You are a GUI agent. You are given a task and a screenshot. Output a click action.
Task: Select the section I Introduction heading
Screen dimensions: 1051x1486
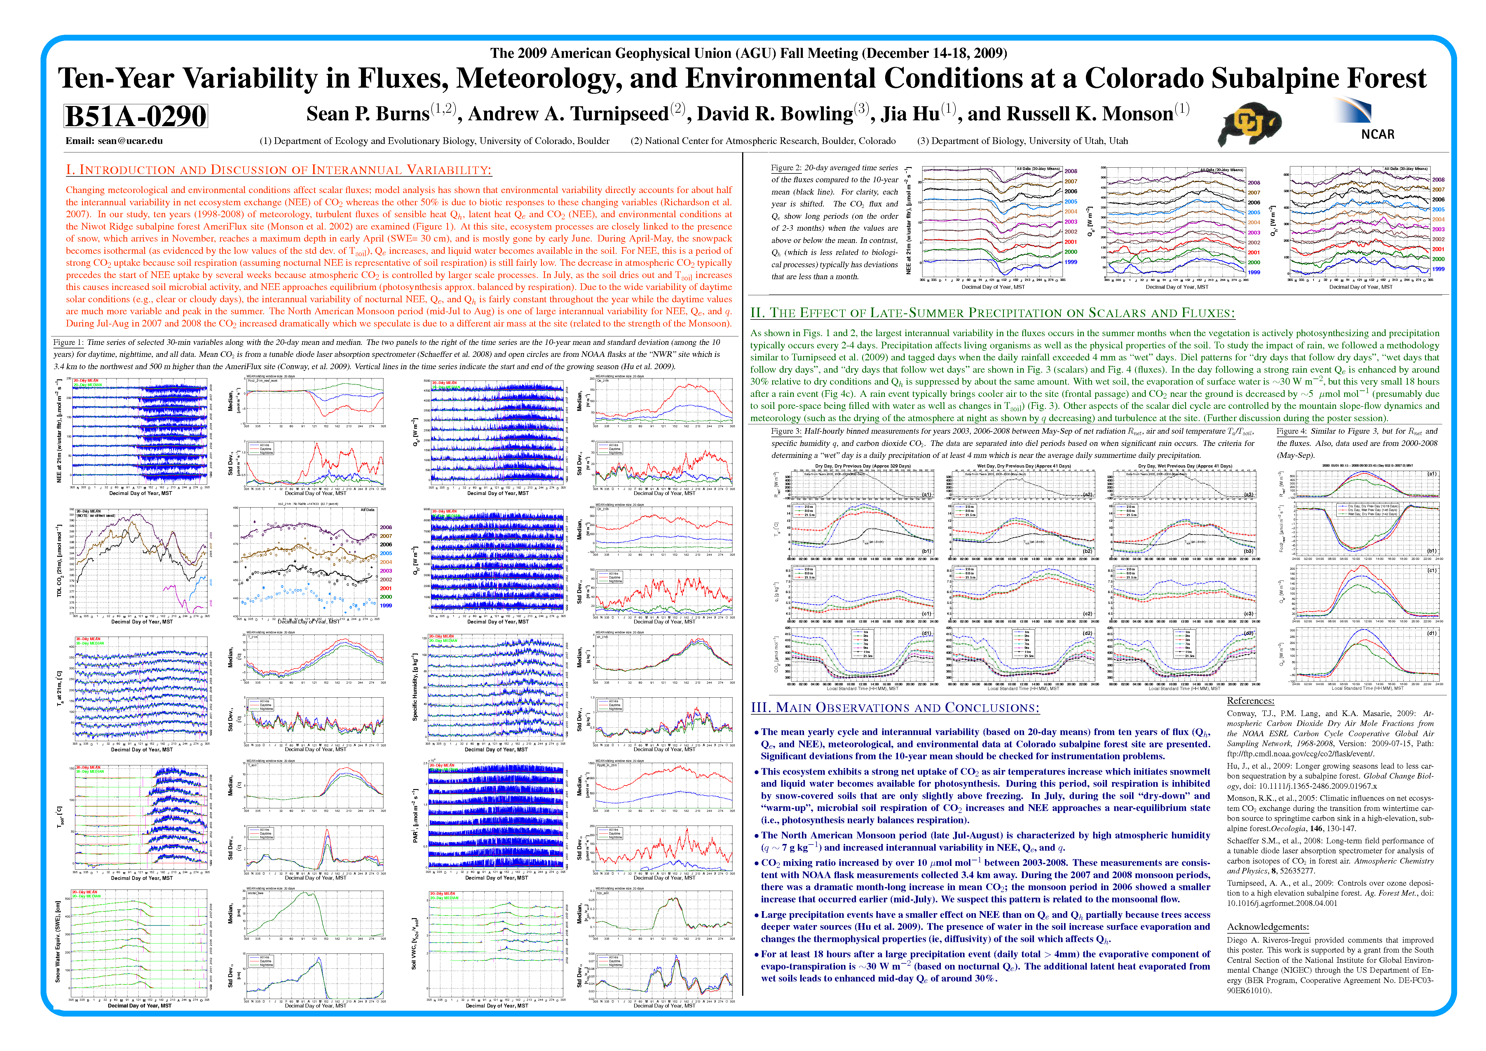point(278,170)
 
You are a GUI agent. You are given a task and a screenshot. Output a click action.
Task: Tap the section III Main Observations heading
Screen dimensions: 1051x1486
point(894,708)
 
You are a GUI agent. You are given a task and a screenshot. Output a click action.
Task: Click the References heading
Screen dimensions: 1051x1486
point(1250,701)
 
